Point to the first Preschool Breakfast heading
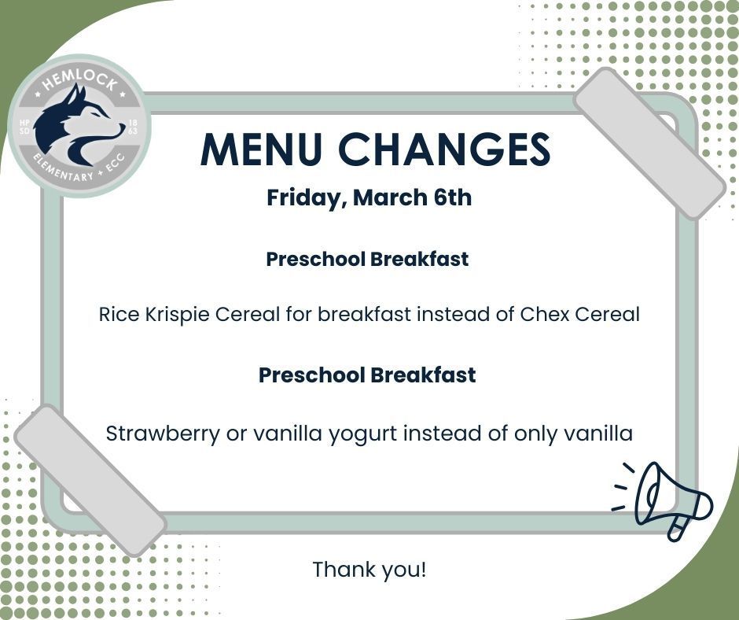(367, 259)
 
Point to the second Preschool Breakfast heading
(367, 375)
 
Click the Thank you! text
(369, 569)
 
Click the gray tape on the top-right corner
(649, 142)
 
